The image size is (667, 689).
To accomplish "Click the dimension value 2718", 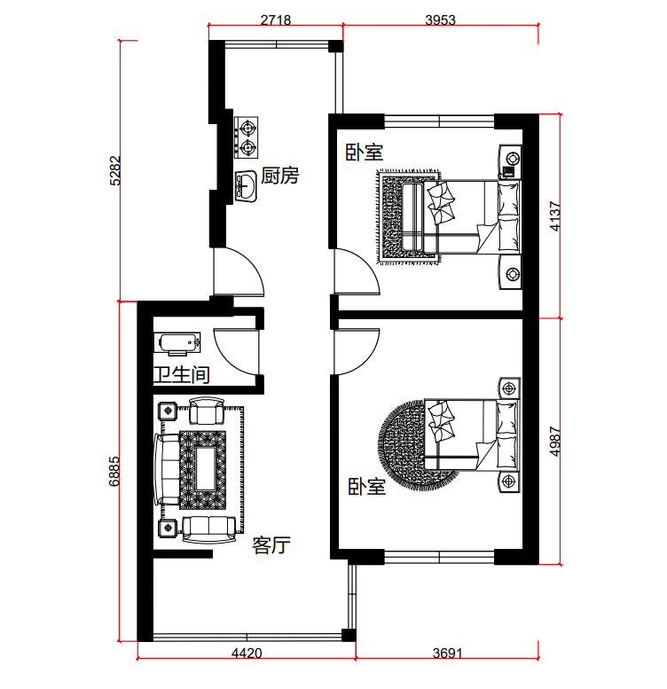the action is pyautogui.click(x=276, y=20).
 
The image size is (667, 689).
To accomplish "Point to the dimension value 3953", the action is pyautogui.click(x=440, y=20).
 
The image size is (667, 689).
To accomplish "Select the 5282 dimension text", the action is pyautogui.click(x=114, y=170).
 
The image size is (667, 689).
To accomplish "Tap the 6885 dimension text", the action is pyautogui.click(x=114, y=471).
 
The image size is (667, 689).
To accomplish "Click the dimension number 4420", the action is pyautogui.click(x=247, y=653).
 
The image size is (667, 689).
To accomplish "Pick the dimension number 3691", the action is pyautogui.click(x=447, y=653).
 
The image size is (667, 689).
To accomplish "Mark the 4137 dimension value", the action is pyautogui.click(x=555, y=216).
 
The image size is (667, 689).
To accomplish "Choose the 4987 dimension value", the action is pyautogui.click(x=555, y=442).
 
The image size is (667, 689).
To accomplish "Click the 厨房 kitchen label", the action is pyautogui.click(x=280, y=176).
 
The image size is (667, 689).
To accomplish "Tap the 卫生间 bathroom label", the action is pyautogui.click(x=182, y=375).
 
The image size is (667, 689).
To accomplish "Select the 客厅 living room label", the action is pyautogui.click(x=271, y=545).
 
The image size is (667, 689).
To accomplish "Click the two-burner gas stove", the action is pyautogui.click(x=246, y=137).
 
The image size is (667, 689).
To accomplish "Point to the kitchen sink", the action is pyautogui.click(x=246, y=186).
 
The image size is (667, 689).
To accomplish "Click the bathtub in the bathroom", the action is pyautogui.click(x=177, y=343).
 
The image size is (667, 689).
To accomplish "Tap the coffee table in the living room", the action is pyautogui.click(x=206, y=469).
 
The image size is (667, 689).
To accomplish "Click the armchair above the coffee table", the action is pyautogui.click(x=207, y=411).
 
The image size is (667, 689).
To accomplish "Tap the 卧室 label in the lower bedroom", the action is pyautogui.click(x=367, y=487).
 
